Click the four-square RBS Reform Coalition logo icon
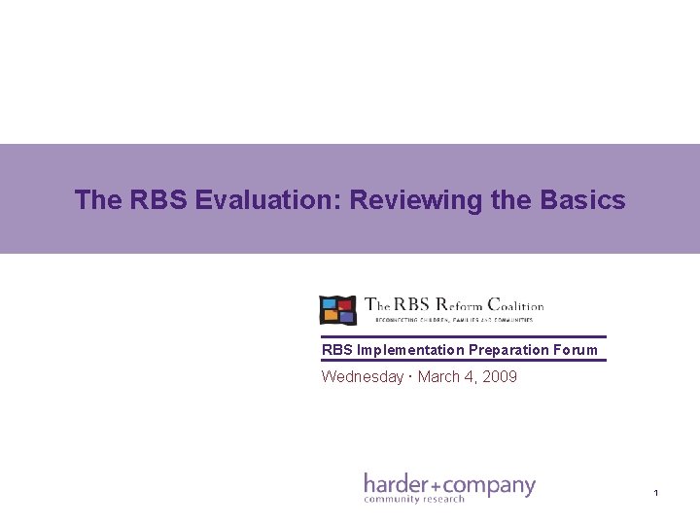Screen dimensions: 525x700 click(x=338, y=309)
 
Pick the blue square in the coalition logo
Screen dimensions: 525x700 click(x=330, y=303)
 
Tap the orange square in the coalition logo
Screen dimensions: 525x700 click(x=331, y=316)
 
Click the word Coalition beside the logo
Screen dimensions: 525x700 click(x=511, y=305)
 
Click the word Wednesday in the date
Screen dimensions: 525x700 click(x=362, y=376)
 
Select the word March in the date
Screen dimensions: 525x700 click(x=438, y=376)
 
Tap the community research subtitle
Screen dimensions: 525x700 click(x=414, y=500)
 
